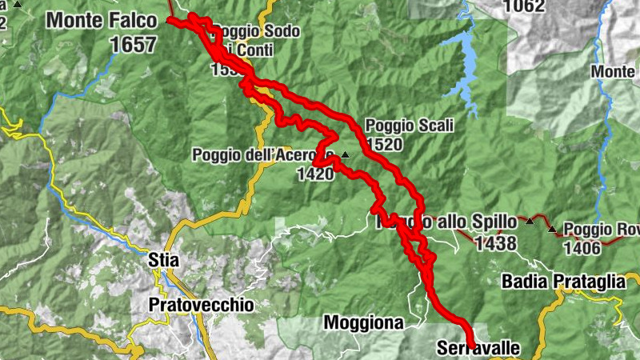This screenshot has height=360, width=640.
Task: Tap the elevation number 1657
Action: [x=134, y=44]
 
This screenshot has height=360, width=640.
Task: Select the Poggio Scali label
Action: [x=409, y=126]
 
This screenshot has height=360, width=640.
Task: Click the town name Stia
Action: [x=164, y=260]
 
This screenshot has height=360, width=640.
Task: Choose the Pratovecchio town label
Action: [x=201, y=305]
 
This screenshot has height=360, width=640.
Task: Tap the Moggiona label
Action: [x=373, y=322]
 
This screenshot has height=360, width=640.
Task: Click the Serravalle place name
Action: [x=478, y=348]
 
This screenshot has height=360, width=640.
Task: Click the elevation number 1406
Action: [x=582, y=248]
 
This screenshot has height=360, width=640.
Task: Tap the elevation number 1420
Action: [x=314, y=174]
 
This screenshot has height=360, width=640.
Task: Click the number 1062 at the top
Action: [x=524, y=7]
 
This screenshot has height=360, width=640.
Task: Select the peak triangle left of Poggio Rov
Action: [x=551, y=230]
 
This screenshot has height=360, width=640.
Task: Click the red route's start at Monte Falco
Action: [x=170, y=20]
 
